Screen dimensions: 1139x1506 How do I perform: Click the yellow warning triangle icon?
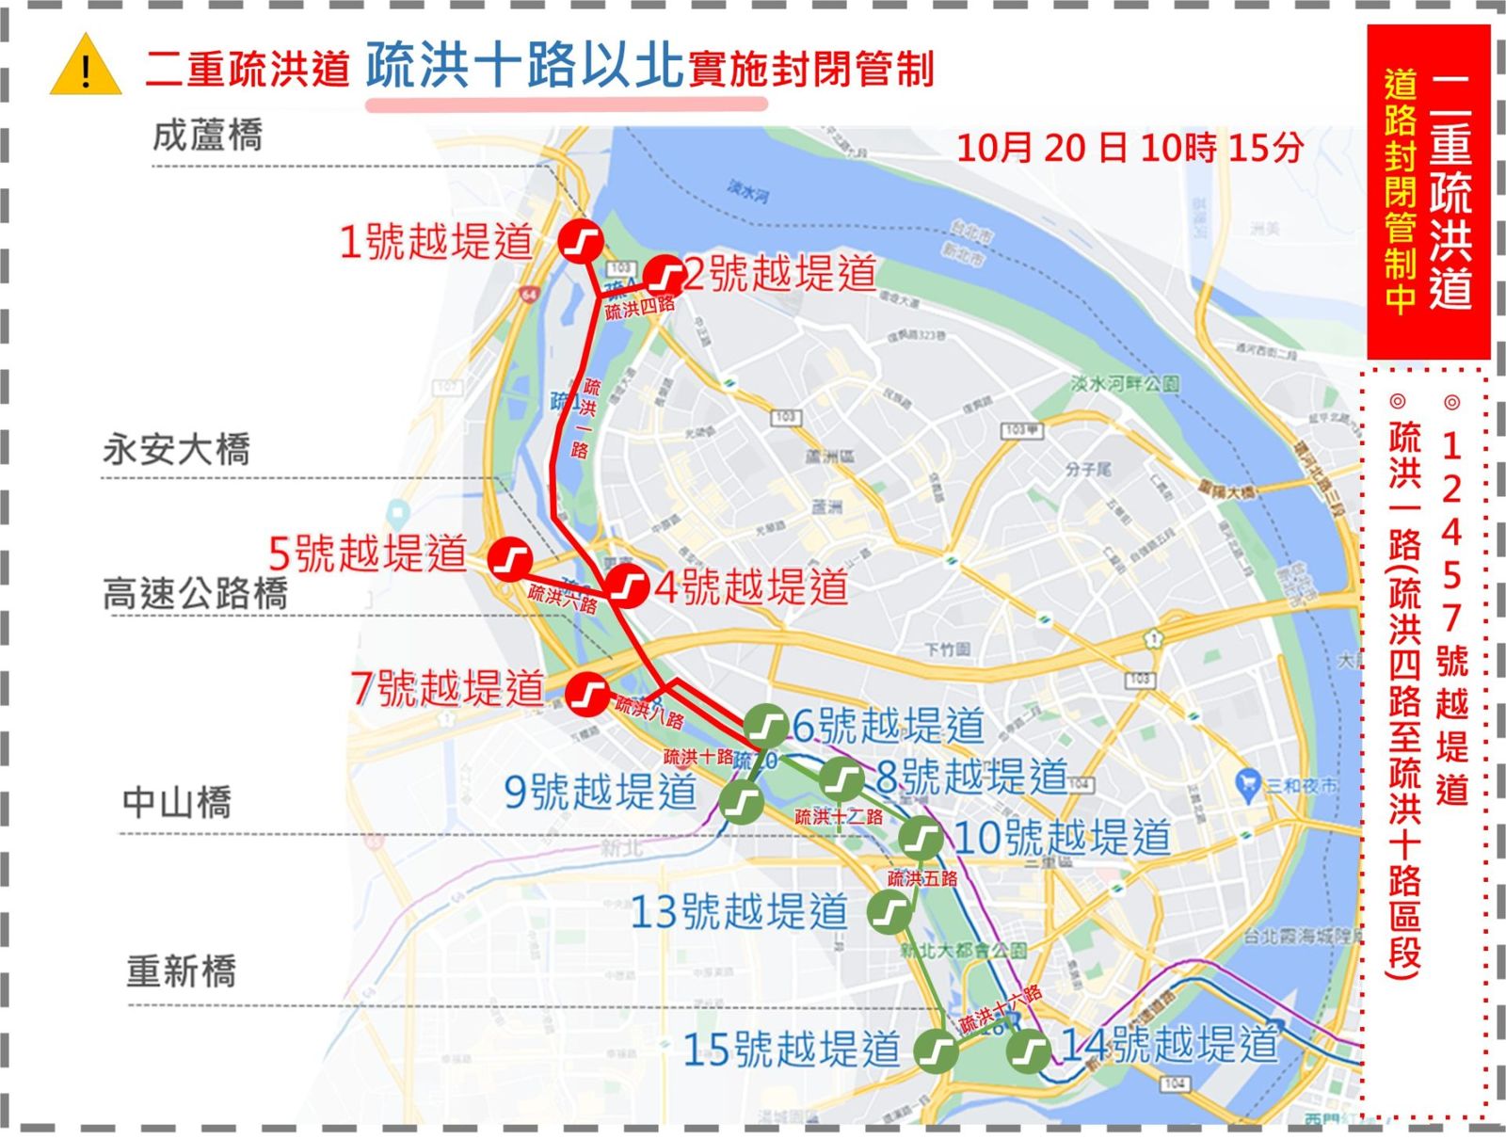(x=86, y=67)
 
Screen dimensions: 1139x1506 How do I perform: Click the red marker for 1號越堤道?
(x=581, y=241)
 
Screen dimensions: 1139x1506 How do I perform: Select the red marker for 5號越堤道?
(x=512, y=559)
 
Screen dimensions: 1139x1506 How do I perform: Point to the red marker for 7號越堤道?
(x=588, y=695)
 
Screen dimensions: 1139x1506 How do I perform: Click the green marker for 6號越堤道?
(x=766, y=725)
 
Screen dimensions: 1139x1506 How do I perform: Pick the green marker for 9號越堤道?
(x=741, y=802)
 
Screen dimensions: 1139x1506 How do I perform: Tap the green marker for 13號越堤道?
(x=889, y=910)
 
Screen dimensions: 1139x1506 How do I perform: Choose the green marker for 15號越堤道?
(x=937, y=1050)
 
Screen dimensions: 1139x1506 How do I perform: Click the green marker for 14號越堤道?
(x=1029, y=1050)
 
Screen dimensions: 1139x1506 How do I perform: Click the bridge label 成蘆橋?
(x=208, y=136)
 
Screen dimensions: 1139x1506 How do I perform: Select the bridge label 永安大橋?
(x=176, y=449)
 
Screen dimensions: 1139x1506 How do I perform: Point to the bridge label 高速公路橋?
(x=195, y=593)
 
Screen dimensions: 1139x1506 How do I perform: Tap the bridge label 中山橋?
(x=177, y=803)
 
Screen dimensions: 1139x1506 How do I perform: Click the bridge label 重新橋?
(x=181, y=971)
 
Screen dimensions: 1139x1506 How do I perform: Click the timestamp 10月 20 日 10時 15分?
(x=1129, y=148)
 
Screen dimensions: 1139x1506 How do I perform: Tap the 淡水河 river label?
(x=748, y=192)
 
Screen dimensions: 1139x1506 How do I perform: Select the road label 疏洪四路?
(x=640, y=308)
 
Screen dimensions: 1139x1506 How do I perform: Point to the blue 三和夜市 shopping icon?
(x=1248, y=780)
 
